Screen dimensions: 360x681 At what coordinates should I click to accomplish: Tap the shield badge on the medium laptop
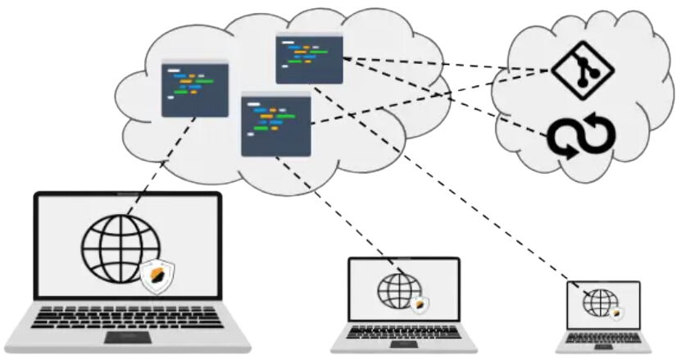(418, 303)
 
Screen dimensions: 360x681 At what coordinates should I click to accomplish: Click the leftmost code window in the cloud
(194, 89)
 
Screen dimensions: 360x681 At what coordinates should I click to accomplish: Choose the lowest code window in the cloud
(276, 125)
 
